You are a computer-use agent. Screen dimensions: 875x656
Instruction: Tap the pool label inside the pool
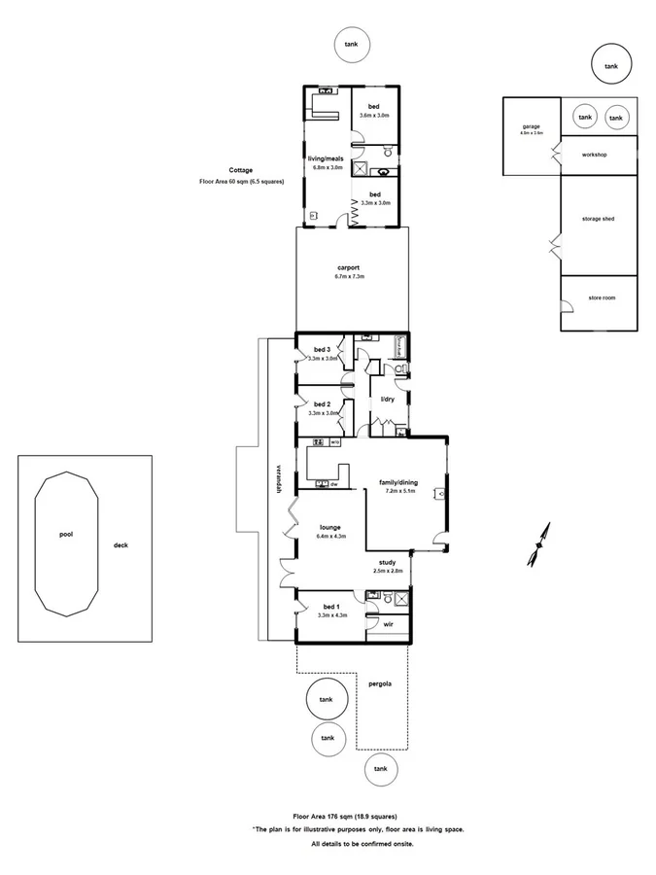(x=65, y=534)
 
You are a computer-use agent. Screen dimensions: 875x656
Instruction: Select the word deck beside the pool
(x=121, y=545)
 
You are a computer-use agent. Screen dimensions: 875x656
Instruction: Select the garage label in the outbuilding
(x=531, y=126)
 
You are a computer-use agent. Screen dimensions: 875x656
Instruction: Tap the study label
(x=388, y=562)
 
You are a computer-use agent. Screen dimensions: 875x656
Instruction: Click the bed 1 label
(x=330, y=606)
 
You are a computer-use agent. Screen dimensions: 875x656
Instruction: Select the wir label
(x=388, y=623)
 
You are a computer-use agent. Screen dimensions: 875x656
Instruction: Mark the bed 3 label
(x=322, y=350)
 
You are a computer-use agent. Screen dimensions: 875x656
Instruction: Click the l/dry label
(x=387, y=400)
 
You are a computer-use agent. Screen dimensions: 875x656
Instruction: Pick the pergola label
(x=380, y=683)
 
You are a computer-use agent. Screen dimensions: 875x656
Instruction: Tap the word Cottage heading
(x=241, y=171)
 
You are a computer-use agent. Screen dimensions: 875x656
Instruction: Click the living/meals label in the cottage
(x=327, y=157)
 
